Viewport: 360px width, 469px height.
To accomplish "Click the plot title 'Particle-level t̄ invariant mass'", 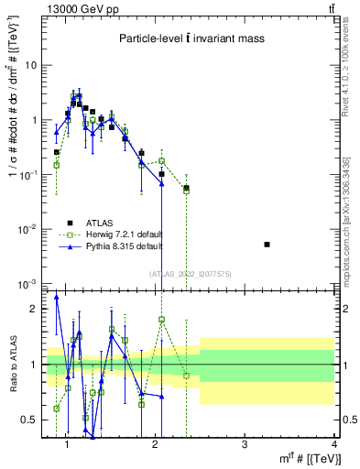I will click(191, 38).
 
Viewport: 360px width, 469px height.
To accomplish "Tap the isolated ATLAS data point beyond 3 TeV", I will click(267, 245).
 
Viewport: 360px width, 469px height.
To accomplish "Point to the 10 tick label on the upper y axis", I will click(31, 66).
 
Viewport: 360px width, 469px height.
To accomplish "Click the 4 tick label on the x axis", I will click(333, 445).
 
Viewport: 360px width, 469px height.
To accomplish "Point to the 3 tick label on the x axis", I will click(244, 445).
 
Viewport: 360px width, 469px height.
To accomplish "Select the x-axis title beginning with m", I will click(306, 458).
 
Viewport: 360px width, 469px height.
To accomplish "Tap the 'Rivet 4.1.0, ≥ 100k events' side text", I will click(349, 69).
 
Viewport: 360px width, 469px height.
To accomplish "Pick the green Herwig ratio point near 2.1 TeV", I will click(161, 320).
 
